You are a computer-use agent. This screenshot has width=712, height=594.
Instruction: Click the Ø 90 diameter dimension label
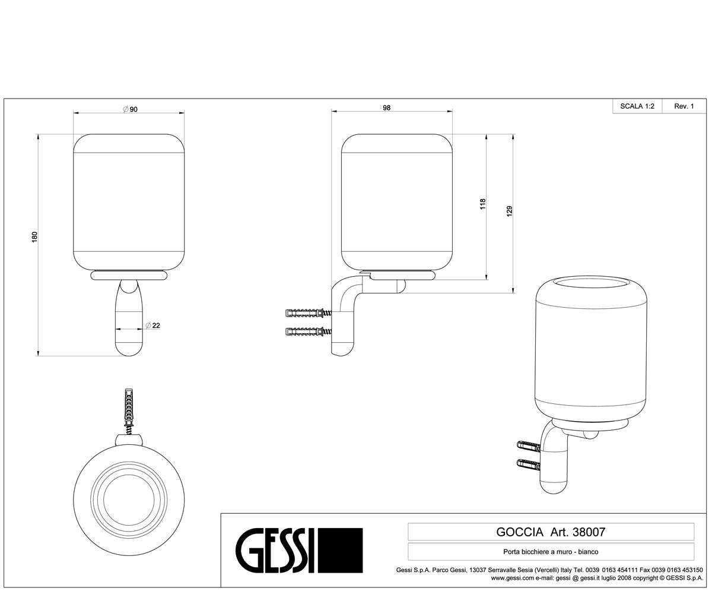(x=131, y=109)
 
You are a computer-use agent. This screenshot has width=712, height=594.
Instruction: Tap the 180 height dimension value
(x=34, y=237)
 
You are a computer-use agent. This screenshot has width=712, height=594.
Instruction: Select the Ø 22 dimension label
(x=152, y=326)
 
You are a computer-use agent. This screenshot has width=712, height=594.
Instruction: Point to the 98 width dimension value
(x=386, y=108)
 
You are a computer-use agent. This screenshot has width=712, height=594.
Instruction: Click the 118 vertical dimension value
(x=482, y=204)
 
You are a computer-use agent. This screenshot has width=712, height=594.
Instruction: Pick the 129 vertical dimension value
(x=510, y=211)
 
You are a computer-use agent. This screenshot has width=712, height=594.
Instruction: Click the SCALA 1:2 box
(x=637, y=106)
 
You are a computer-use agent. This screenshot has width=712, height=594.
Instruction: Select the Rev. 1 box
(x=684, y=106)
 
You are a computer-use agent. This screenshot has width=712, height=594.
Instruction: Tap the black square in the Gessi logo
(x=341, y=550)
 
